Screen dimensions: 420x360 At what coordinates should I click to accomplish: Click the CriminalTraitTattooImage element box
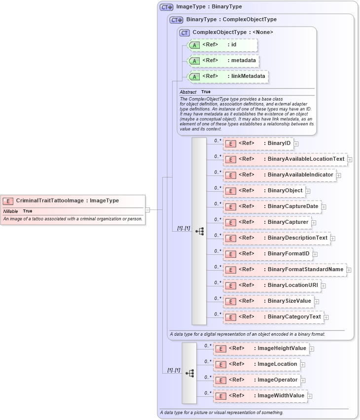point(73,201)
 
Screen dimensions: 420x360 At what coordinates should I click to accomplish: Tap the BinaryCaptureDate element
point(272,207)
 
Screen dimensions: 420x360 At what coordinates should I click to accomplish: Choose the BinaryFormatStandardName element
point(285,270)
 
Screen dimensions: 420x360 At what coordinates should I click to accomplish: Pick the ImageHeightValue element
point(261,349)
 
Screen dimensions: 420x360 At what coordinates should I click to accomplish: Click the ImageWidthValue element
point(260,396)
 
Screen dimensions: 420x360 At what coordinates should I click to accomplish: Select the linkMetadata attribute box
point(228,76)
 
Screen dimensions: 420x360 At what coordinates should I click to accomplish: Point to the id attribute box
point(222,45)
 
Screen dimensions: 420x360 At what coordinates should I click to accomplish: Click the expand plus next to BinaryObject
point(308,191)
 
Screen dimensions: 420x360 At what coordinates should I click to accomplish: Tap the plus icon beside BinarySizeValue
point(317,301)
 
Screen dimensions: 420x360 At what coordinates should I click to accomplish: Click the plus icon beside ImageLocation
point(303,365)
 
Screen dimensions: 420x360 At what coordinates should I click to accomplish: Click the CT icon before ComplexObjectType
point(185,33)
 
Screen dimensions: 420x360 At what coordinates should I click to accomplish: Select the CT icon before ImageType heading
point(166,7)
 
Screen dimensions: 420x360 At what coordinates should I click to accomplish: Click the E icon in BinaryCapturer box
point(230,223)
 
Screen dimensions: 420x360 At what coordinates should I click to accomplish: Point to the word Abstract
point(188,92)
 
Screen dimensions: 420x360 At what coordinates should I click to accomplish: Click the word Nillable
point(10,211)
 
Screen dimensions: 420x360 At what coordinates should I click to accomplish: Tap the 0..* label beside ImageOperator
point(208,377)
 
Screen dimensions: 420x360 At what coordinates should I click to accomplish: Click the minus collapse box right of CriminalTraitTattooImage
point(147,210)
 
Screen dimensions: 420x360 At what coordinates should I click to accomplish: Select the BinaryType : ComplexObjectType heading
point(231,20)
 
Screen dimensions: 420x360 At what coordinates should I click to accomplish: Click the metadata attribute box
point(224,61)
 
